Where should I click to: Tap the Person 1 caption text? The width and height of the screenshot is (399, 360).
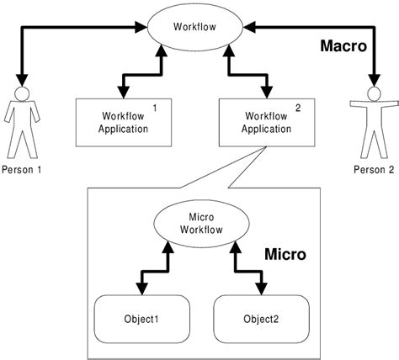coord(22,169)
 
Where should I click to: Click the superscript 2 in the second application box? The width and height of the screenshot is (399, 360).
coord(297,108)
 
